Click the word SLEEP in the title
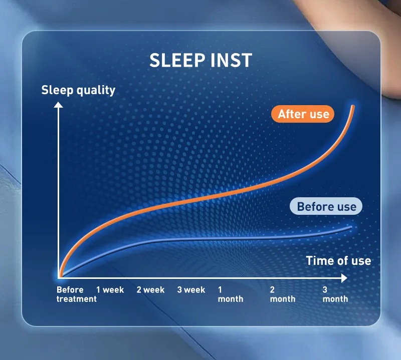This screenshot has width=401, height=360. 177,60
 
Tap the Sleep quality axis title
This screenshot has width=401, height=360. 78,91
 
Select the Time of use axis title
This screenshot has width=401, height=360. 339,261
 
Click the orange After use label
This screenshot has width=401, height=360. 303,114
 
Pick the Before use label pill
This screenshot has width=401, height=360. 326,206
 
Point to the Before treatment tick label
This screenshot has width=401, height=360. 77,294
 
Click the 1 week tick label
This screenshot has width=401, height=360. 110,290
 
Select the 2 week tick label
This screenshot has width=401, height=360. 150,290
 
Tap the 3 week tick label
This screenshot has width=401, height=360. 191,290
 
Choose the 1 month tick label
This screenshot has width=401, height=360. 231,294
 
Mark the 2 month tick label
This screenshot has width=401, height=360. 283,294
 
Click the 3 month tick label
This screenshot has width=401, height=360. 335,294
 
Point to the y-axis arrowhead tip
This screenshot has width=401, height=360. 58,102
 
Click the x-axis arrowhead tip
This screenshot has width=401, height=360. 347,278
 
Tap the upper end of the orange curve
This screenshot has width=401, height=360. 353,106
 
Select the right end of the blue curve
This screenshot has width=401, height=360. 351,227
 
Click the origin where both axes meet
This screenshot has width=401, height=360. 59,278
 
